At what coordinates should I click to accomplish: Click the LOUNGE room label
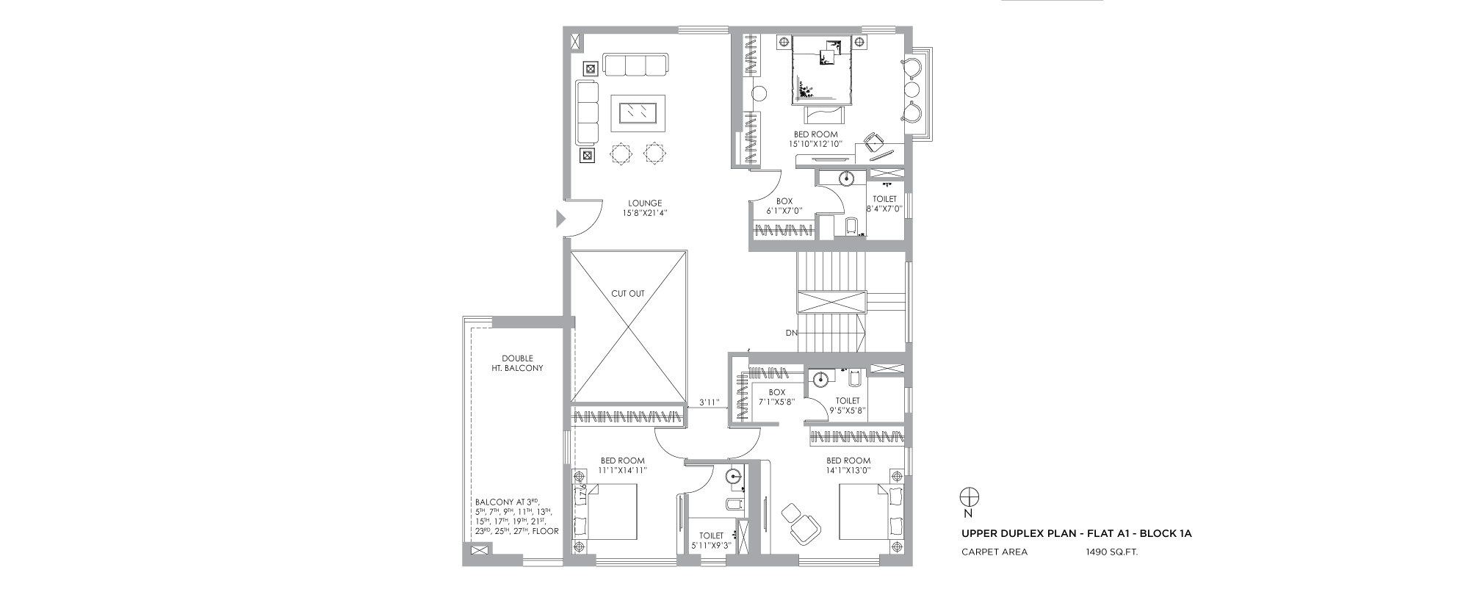(x=645, y=203)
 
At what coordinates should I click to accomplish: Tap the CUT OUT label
(x=627, y=294)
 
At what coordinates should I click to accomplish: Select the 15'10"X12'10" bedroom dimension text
(x=816, y=144)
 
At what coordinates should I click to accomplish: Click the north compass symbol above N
(x=968, y=496)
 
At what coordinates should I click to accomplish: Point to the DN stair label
(x=791, y=333)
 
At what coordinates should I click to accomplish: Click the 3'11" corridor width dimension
(x=708, y=403)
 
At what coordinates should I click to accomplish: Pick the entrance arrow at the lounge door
(x=560, y=219)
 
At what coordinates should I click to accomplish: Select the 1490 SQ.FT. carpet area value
(x=1112, y=552)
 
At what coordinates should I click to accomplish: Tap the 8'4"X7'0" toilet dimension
(x=884, y=209)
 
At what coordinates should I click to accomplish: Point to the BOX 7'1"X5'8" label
(x=777, y=397)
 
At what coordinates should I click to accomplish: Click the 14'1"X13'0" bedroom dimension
(x=848, y=471)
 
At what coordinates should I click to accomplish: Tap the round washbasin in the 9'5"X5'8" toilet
(x=821, y=380)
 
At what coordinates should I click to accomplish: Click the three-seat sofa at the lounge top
(x=635, y=64)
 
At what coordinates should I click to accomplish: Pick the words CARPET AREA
(x=995, y=552)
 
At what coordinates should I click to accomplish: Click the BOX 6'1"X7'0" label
(x=784, y=206)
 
